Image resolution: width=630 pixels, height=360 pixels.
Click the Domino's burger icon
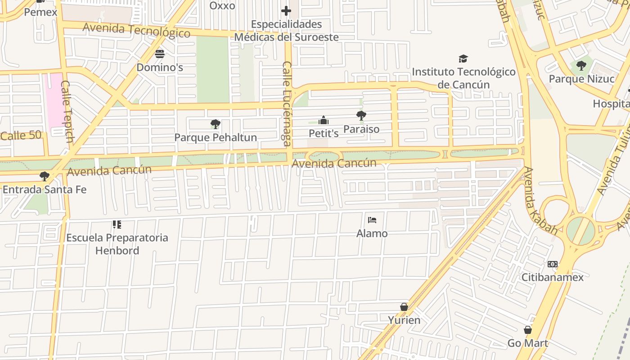pos(160,54)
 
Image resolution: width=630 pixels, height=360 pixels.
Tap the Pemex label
pos(40,12)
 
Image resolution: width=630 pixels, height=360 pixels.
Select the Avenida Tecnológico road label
pos(136,30)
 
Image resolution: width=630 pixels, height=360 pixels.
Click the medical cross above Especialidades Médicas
pos(286,11)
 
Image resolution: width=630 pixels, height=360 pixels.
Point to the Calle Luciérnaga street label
pos(287,103)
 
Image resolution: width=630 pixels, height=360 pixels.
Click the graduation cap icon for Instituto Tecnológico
pos(463,58)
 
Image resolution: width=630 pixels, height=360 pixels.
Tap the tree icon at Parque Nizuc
pos(581,66)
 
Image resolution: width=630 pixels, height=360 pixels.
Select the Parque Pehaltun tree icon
pos(216,124)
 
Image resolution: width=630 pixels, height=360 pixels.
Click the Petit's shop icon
pos(324,120)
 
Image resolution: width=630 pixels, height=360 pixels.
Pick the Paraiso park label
pos(361,129)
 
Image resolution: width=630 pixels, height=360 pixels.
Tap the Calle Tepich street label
pos(67,112)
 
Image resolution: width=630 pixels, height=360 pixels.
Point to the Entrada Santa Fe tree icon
pos(44,176)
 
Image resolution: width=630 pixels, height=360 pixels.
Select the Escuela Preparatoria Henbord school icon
pos(117,224)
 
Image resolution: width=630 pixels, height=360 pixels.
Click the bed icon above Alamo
pos(372,220)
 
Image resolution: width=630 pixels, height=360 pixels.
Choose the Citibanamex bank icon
pos(553,264)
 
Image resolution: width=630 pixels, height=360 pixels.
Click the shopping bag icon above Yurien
pos(404,307)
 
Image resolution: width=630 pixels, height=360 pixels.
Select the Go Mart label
pos(528,343)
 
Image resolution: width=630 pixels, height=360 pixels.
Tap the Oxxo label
pos(222,6)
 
